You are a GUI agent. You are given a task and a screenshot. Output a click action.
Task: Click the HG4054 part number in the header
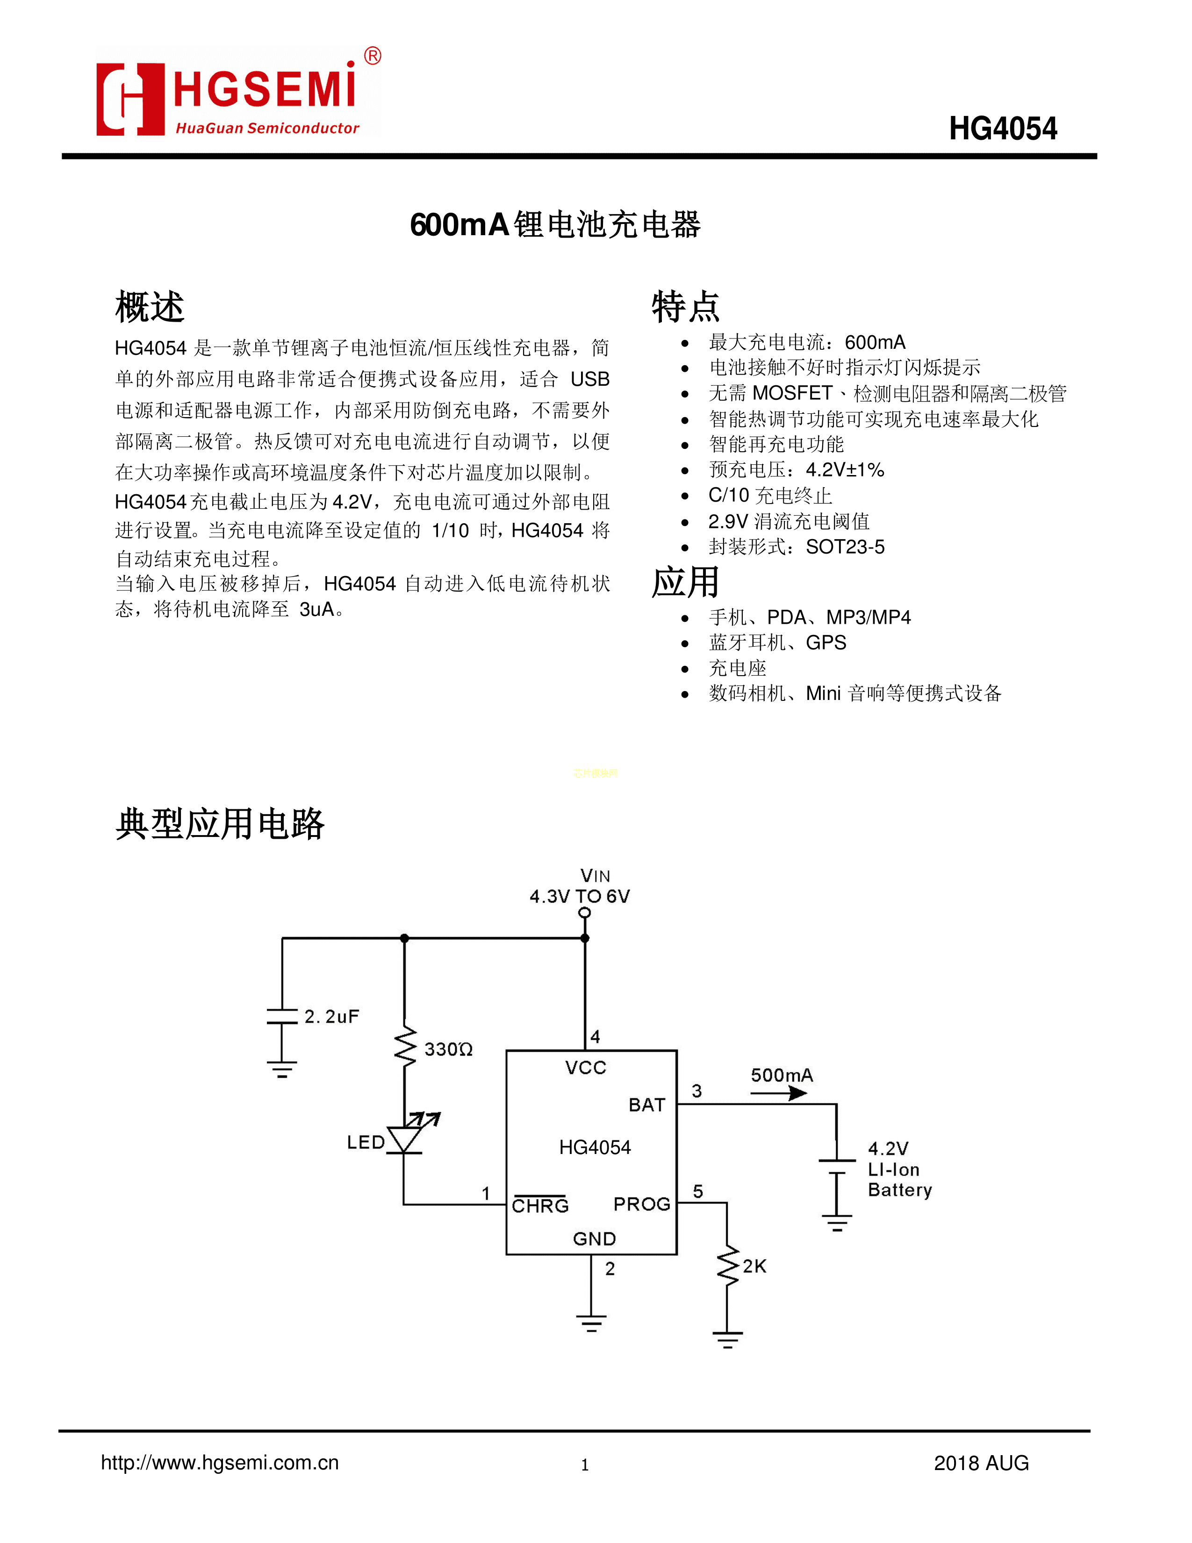1002,129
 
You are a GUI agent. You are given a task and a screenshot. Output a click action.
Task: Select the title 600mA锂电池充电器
554,224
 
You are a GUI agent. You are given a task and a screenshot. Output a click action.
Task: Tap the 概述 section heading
150,307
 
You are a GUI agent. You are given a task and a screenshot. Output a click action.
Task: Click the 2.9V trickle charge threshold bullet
789,521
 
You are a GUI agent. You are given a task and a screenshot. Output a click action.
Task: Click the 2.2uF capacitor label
331,1017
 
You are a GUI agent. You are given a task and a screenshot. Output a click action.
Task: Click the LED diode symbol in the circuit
405,1138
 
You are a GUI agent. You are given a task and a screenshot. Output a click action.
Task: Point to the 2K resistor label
754,1266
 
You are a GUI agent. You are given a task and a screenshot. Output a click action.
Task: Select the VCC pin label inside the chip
585,1067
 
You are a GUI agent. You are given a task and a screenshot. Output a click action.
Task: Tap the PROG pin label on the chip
641,1204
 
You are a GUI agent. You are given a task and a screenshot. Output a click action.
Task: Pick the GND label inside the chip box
594,1239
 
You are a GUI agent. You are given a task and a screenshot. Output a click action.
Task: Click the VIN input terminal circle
585,913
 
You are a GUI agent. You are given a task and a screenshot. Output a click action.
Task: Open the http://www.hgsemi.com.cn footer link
220,1463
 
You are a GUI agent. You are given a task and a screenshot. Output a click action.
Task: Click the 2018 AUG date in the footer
981,1463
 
